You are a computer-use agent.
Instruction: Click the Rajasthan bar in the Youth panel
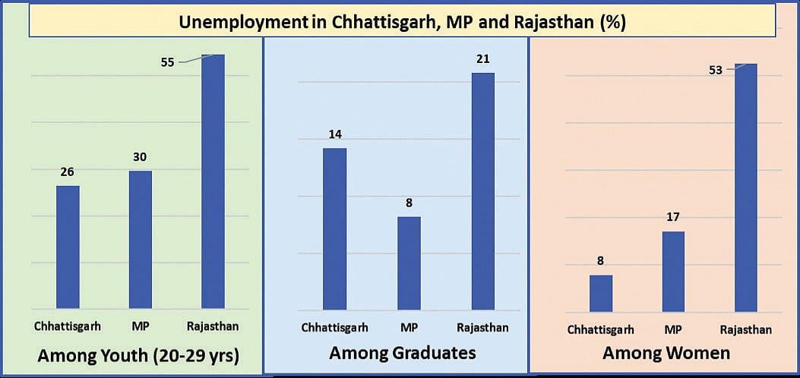213,182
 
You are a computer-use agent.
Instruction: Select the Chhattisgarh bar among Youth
68,247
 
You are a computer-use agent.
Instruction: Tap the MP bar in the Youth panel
140,240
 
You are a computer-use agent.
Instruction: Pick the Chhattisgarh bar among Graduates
334,228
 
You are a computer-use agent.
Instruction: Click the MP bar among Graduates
408,263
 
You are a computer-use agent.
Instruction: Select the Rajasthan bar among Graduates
482,191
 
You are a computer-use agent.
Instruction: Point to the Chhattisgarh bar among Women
601,293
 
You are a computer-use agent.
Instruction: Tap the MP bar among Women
673,271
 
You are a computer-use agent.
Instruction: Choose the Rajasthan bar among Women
746,187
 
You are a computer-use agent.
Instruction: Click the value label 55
168,62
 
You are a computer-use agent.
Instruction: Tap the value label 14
334,134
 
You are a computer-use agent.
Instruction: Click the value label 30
140,157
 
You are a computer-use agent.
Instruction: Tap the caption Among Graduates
403,353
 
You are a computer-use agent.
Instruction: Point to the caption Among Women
666,353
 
